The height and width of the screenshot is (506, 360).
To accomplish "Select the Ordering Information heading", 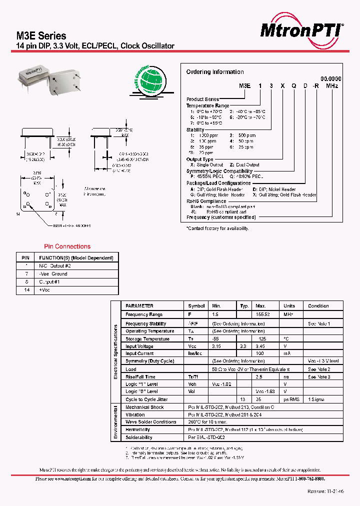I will tap(215, 72).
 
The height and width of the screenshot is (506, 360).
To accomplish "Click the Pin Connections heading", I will tap(67, 246).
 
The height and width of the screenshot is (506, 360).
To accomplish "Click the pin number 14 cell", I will tap(25, 290).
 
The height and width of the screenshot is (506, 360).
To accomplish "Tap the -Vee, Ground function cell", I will tap(53, 274).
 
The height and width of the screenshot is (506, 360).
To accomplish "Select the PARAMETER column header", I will tap(139, 306).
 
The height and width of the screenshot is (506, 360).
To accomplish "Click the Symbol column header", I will tap(196, 306).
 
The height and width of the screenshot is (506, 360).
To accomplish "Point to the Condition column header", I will tap(318, 306).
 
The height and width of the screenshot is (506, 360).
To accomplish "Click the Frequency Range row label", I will tap(144, 314).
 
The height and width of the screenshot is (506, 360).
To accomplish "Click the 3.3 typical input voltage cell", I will tap(243, 346).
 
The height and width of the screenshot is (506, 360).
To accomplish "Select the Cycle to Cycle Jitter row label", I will tap(146, 399).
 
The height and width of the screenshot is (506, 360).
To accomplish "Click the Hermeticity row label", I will tap(137, 429).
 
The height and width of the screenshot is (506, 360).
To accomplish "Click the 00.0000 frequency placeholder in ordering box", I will tap(330, 79).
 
